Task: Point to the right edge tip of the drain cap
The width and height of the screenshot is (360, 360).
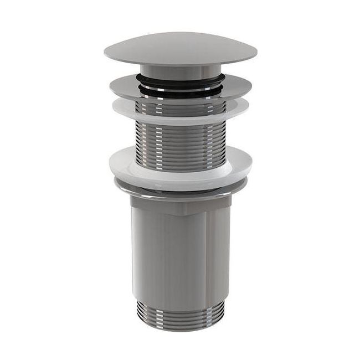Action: coord(255,54)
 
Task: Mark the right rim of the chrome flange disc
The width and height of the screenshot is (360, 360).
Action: coord(246,86)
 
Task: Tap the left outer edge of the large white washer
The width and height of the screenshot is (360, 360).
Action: coord(109,162)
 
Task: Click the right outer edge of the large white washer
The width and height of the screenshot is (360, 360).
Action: coord(250,162)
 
